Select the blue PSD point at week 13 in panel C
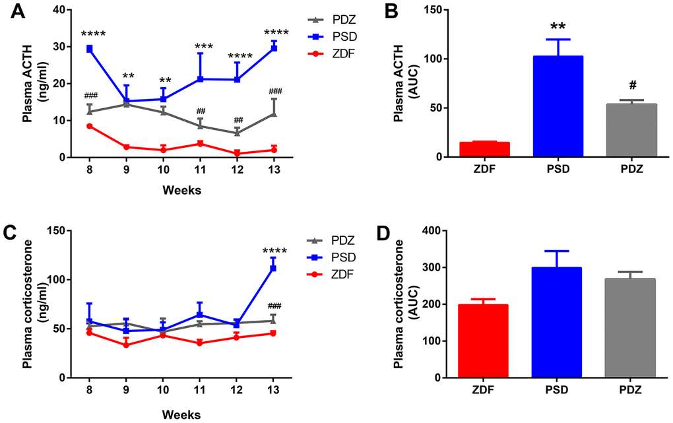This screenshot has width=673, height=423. tap(273, 269)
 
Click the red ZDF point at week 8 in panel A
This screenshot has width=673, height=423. tap(89, 126)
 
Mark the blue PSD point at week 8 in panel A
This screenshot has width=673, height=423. tap(89, 49)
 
